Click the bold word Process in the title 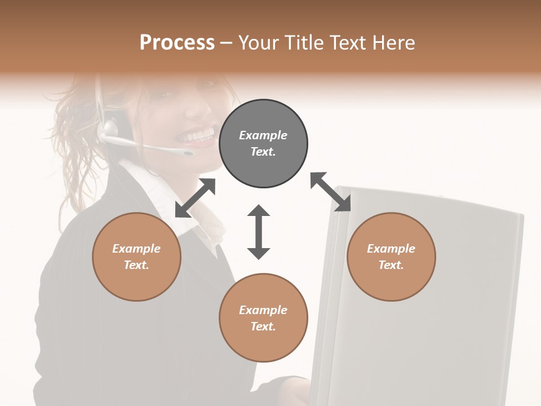pyautogui.click(x=177, y=42)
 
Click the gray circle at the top pyautogui.click(x=263, y=144)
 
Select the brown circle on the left pyautogui.click(x=136, y=257)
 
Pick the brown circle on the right pyautogui.click(x=391, y=257)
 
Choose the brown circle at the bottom pyautogui.click(x=263, y=318)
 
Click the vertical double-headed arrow pyautogui.click(x=259, y=232)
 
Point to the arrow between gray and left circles pyautogui.click(x=195, y=198)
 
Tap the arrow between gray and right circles pyautogui.click(x=331, y=192)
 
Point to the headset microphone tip pyautogui.click(x=187, y=152)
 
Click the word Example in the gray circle pyautogui.click(x=263, y=135)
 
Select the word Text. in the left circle pyautogui.click(x=136, y=265)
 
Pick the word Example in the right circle pyautogui.click(x=391, y=249)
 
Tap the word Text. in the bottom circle pyautogui.click(x=263, y=326)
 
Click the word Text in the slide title pyautogui.click(x=347, y=42)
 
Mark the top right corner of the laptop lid pyautogui.click(x=522, y=215)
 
